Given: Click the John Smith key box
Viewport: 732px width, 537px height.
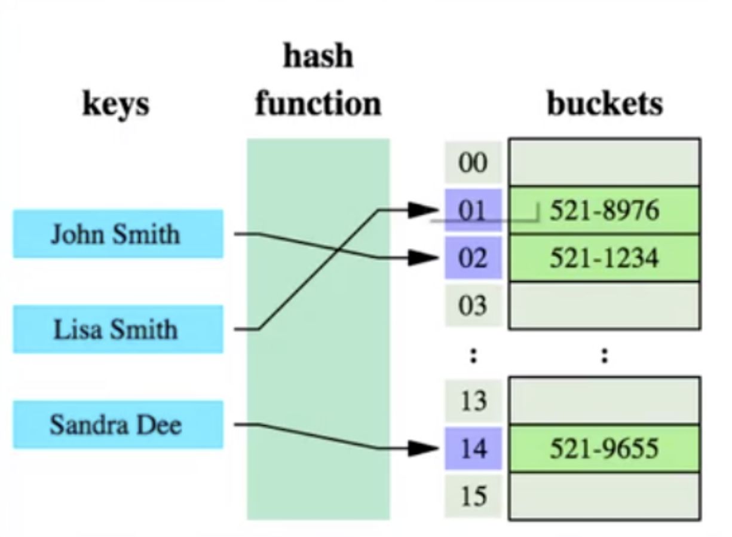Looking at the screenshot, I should pyautogui.click(x=118, y=234).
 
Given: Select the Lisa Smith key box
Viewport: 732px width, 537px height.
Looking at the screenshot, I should pyautogui.click(x=118, y=329).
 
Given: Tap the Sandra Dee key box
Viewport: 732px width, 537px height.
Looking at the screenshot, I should pyautogui.click(x=118, y=425).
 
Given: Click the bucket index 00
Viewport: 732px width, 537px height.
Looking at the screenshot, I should pyautogui.click(x=473, y=163).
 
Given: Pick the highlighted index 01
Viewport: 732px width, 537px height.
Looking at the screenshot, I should pyautogui.click(x=473, y=210).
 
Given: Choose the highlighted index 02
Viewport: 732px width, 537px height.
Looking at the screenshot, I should pyautogui.click(x=473, y=258).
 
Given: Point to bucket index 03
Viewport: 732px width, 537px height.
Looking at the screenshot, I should pyautogui.click(x=473, y=306).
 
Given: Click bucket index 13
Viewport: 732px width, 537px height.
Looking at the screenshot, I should pyautogui.click(x=473, y=401).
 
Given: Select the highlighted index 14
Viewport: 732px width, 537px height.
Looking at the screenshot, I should pyautogui.click(x=473, y=448).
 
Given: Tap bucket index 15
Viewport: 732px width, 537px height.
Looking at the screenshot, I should pyautogui.click(x=473, y=496).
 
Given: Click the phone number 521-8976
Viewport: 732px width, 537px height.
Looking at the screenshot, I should pyautogui.click(x=604, y=210).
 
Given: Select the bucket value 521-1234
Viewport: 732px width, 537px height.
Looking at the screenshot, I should pyautogui.click(x=604, y=258).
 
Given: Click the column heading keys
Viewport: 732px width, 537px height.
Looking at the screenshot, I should pyautogui.click(x=115, y=105).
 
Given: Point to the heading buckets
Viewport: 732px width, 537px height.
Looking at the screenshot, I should pyautogui.click(x=605, y=103).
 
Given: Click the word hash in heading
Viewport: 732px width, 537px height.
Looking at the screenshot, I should pyautogui.click(x=318, y=56).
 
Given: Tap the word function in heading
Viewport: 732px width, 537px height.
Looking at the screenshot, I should pyautogui.click(x=318, y=103).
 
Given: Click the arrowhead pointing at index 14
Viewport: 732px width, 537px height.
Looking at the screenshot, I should pyautogui.click(x=425, y=448).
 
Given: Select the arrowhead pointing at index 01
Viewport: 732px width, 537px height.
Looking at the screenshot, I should pyautogui.click(x=425, y=210).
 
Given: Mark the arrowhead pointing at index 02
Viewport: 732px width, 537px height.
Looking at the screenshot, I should pyautogui.click(x=425, y=258).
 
